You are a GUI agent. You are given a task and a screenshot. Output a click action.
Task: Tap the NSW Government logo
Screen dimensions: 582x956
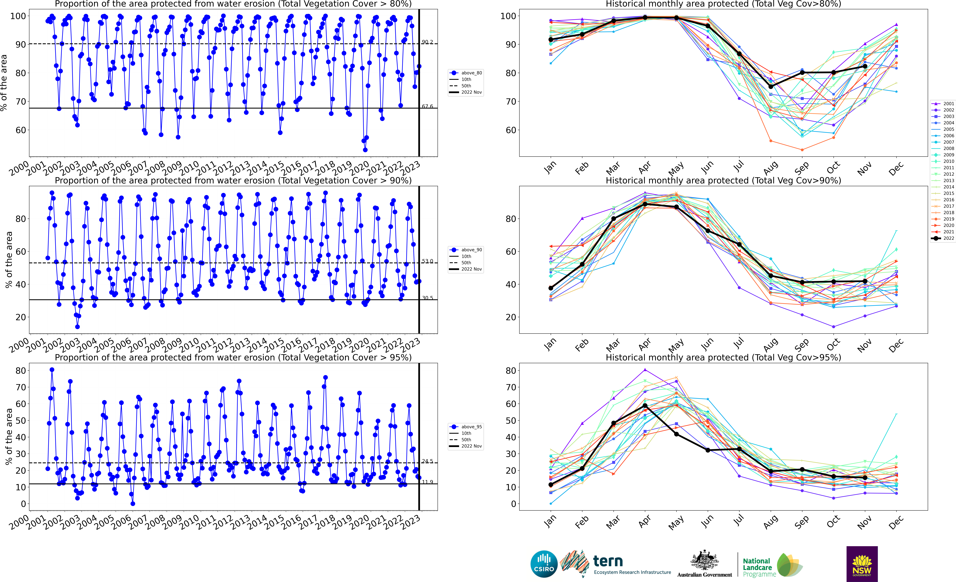[x=862, y=564]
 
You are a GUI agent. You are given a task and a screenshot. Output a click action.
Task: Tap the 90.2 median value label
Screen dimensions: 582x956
[x=427, y=42]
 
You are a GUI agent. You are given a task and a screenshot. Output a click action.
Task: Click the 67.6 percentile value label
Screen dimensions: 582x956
[x=427, y=106]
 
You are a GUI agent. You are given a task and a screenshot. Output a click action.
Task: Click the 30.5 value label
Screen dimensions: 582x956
[x=427, y=298]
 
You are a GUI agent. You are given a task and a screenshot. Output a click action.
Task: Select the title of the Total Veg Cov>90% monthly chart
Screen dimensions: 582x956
[x=723, y=180]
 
